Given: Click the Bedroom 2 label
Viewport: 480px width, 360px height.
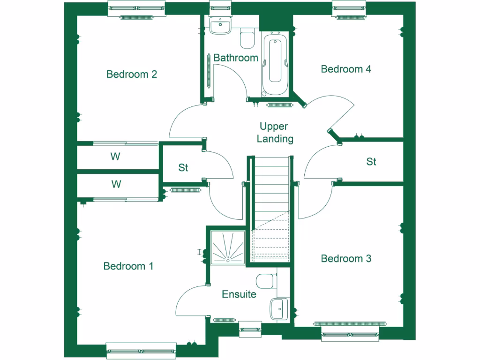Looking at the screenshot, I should [131, 74].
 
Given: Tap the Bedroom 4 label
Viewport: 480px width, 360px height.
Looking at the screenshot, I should [346, 69].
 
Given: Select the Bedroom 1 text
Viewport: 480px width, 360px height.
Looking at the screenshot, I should [128, 266].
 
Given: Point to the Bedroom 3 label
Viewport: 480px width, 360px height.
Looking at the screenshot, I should [346, 259].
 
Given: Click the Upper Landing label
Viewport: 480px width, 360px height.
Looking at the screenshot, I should [277, 133].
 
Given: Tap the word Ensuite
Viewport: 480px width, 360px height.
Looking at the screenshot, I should [239, 294].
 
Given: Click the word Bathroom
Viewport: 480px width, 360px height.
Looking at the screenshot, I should [236, 58].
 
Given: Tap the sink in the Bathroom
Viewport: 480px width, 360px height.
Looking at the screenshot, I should [220, 26].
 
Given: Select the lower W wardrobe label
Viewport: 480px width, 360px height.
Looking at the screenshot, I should [116, 184].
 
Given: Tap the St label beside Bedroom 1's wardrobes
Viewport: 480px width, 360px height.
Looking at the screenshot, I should [183, 167].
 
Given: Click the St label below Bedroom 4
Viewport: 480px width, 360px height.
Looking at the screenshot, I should [371, 162].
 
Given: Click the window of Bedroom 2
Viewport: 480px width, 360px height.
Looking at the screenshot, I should [136, 8].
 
